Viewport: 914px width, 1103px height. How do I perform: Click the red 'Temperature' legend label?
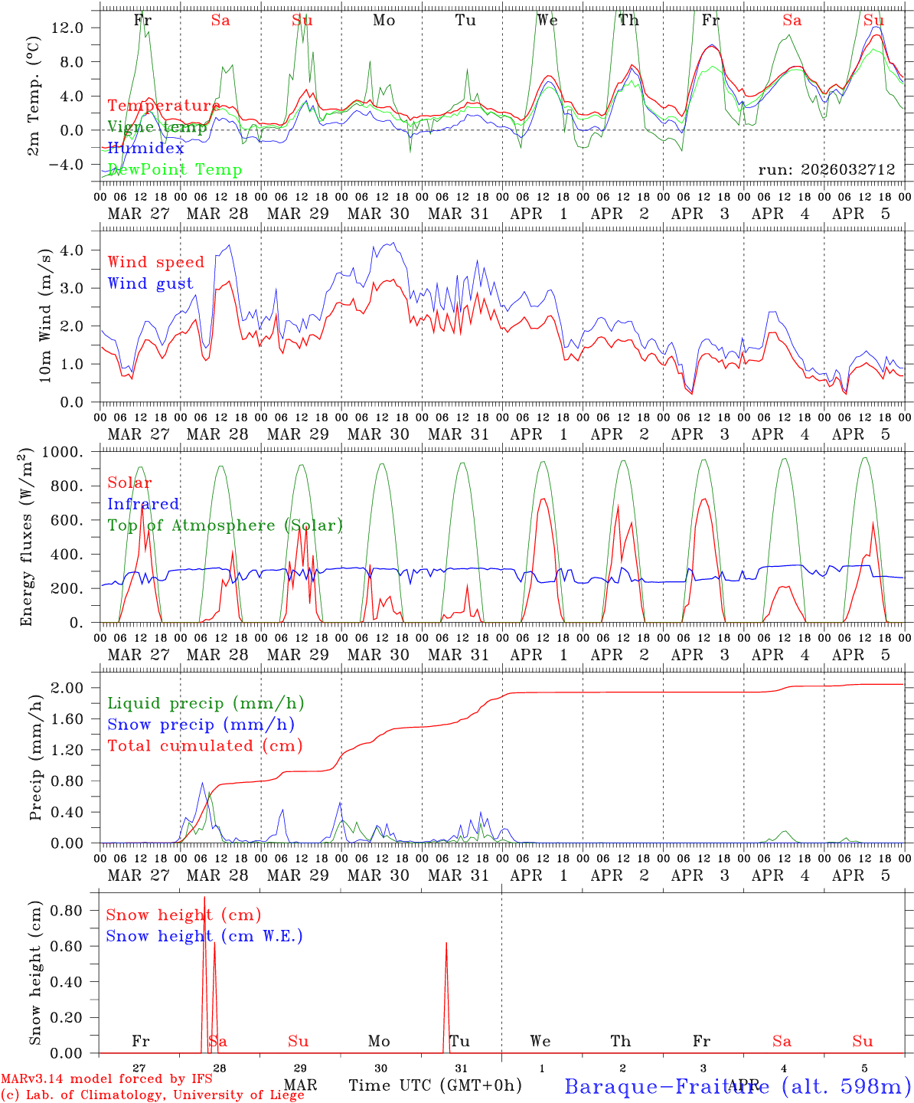tap(163, 106)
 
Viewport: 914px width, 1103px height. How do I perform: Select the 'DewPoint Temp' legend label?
tap(175, 169)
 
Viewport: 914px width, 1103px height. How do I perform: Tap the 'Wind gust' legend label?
tap(150, 283)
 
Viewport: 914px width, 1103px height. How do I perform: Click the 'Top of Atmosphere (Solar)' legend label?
tap(224, 525)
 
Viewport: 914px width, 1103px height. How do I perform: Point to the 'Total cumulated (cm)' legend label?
tap(204, 745)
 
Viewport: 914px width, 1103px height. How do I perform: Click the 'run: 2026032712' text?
tap(826, 169)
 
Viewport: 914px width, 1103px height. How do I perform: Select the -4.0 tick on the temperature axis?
tap(66, 164)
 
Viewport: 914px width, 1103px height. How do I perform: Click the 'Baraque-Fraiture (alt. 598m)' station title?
tap(737, 1085)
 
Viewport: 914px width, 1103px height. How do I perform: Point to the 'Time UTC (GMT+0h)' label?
tap(435, 1085)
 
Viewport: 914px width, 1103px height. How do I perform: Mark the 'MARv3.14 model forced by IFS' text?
tap(106, 1078)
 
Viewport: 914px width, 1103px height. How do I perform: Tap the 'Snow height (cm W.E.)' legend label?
tap(204, 936)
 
